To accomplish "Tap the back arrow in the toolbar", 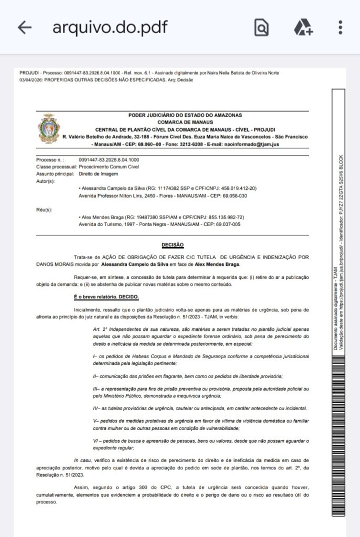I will coord(25,28).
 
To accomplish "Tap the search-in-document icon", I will coord(261,28).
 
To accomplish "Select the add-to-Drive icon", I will coord(303,28).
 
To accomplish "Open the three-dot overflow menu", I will coord(341,28).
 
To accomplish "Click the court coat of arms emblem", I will coord(47,129).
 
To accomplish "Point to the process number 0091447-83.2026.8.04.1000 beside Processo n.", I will coord(109,159).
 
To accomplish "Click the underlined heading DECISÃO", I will coord(173,245).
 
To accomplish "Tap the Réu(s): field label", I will coord(44,210).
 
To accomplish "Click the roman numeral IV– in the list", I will coord(97,406).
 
